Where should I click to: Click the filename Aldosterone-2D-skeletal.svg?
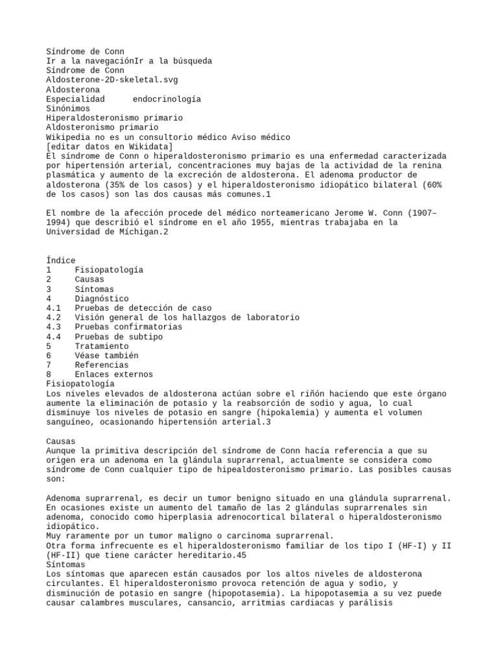pyautogui.click(x=112, y=80)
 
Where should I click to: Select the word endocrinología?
pyautogui.click(x=167, y=99)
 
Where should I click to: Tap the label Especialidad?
pyautogui.click(x=75, y=99)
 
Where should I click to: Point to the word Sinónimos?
pyautogui.click(x=68, y=109)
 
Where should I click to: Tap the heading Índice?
pyautogui.click(x=61, y=260)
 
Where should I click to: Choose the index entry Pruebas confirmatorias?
pyautogui.click(x=128, y=327)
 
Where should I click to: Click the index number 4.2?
pyautogui.click(x=54, y=317)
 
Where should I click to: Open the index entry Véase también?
pyautogui.click(x=106, y=355)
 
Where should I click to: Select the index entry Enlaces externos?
pyautogui.click(x=114, y=374)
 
